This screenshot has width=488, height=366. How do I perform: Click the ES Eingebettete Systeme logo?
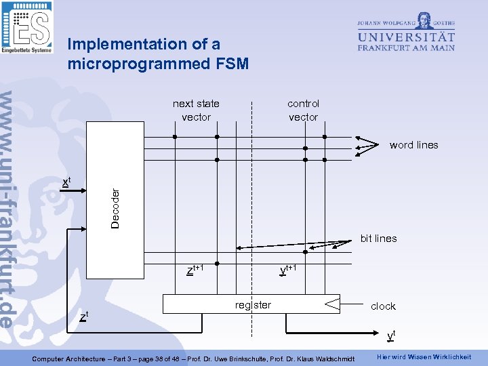click(26, 27)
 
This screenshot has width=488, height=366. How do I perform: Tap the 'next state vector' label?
click(196, 110)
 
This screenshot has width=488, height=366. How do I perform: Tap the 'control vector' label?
click(303, 110)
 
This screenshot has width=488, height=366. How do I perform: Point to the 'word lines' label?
click(413, 145)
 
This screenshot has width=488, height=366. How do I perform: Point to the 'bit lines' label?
click(378, 239)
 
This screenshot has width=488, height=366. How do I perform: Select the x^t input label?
click(66, 182)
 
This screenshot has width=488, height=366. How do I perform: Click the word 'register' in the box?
click(253, 305)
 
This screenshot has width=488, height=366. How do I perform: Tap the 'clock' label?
click(383, 306)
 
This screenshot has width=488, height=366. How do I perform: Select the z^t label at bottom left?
click(83, 317)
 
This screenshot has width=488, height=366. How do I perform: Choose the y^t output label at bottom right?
click(391, 335)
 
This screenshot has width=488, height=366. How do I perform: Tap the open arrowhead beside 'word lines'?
click(369, 144)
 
